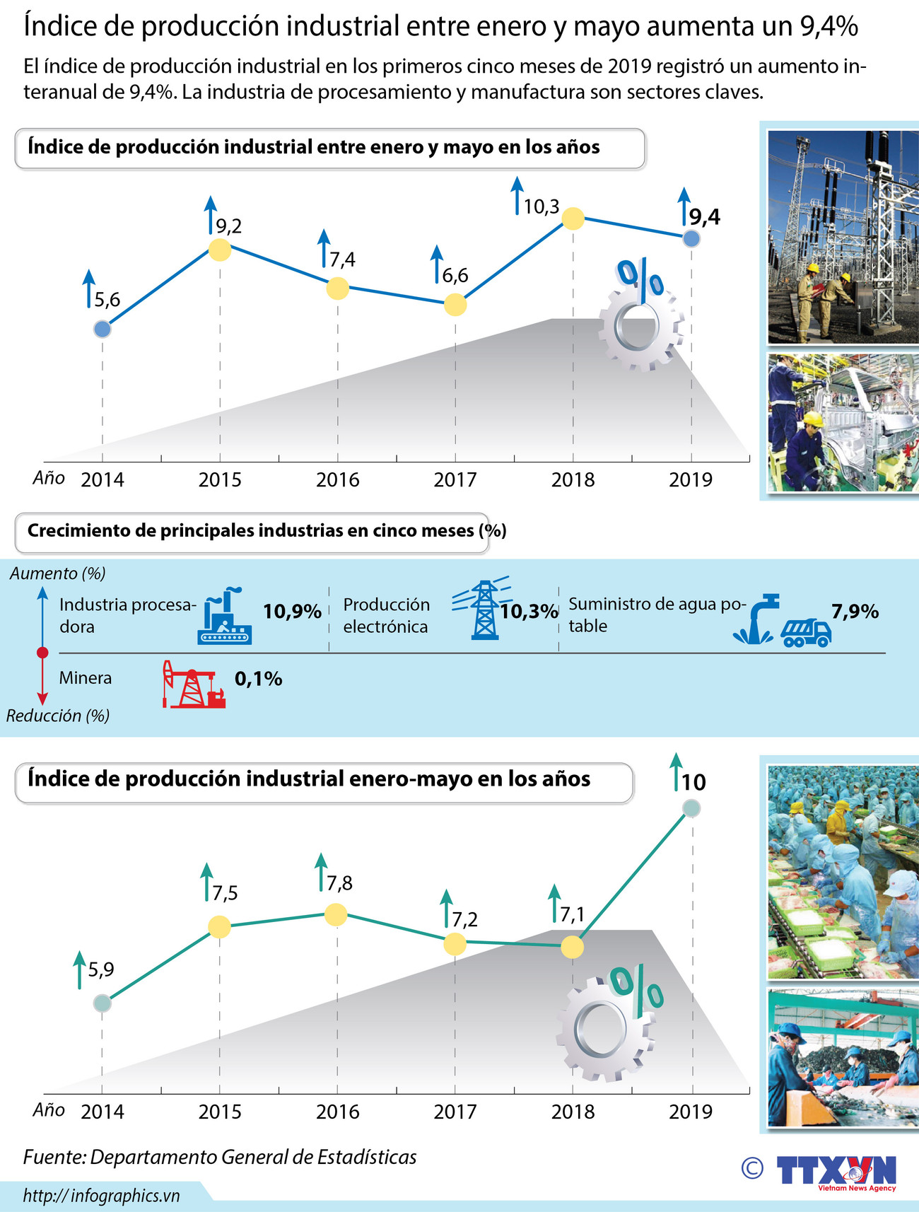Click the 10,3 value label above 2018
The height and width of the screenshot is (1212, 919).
pos(541,206)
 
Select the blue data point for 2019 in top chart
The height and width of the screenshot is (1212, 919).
pos(691,238)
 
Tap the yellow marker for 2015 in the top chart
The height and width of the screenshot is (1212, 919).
pos(220,250)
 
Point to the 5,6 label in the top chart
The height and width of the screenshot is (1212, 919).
pos(107,300)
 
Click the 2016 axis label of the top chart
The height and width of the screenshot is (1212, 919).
pos(337,479)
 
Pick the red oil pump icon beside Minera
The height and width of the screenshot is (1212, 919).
pos(192,684)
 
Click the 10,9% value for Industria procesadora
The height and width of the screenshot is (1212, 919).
pos(292,611)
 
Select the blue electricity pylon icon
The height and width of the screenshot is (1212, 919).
pos(484,610)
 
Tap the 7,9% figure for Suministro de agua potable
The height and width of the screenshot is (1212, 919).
pos(855,611)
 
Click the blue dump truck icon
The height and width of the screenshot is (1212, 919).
pos(806,632)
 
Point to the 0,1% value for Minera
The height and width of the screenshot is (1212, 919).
pos(258,679)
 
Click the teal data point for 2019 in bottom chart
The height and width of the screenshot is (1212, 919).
pos(691,808)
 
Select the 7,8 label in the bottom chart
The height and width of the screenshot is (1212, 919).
pos(339,882)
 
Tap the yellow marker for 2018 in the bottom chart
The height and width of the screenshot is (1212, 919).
pos(572,947)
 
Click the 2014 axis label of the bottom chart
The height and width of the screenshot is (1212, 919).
pos(103,1112)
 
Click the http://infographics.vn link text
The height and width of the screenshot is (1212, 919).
pos(101,1195)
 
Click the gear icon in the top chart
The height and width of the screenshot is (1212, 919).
pos(640,329)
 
